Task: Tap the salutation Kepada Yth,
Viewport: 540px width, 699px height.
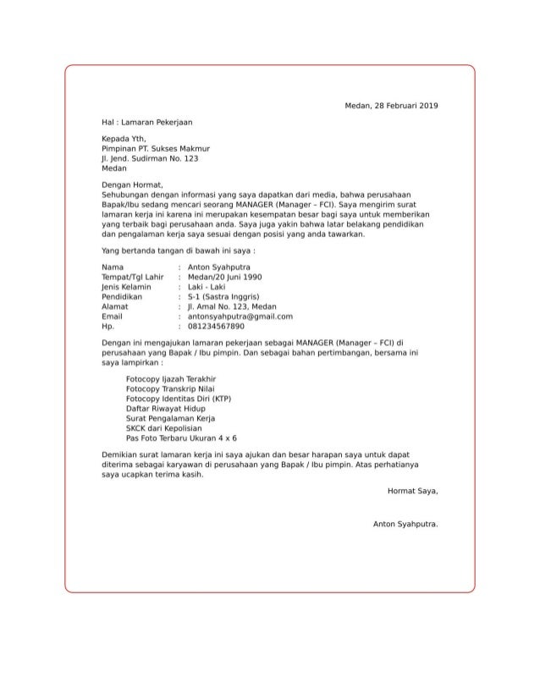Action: coord(124,139)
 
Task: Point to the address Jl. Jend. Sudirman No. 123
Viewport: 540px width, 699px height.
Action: coord(150,157)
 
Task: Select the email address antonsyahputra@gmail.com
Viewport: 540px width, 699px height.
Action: coord(240,316)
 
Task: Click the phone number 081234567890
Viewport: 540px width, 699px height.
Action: coord(216,326)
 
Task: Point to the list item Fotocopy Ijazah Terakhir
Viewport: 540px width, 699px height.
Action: coord(170,379)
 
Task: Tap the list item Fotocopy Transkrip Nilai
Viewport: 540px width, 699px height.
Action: coord(168,388)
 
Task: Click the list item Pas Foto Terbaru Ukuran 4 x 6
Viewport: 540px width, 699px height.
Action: coord(181,438)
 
